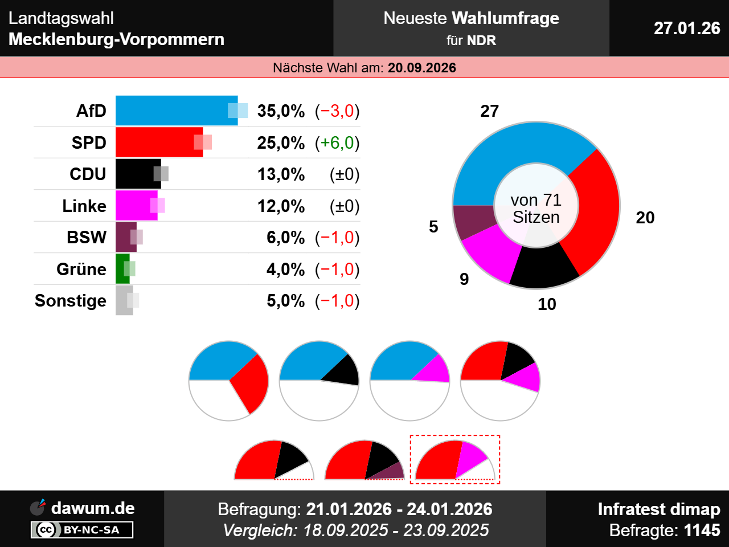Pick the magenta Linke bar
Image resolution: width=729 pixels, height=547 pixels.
[134, 206]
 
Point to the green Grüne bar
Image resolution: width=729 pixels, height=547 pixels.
[121, 269]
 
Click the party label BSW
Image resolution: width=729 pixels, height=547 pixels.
[87, 237]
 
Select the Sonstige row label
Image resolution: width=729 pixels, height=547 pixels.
[71, 300]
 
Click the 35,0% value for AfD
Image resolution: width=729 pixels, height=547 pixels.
[281, 111]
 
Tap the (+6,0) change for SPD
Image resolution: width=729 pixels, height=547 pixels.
[337, 142]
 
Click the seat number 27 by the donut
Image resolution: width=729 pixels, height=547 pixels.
[489, 111]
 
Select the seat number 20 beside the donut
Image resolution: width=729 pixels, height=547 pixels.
[645, 218]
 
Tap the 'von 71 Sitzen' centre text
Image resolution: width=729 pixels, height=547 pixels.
[536, 209]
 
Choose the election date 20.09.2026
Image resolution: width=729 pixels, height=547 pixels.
[421, 68]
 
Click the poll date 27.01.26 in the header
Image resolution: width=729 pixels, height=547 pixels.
[687, 28]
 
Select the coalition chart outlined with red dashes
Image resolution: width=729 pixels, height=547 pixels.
[455, 460]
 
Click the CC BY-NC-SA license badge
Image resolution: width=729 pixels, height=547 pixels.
[82, 530]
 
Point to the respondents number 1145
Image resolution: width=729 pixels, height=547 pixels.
[702, 530]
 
